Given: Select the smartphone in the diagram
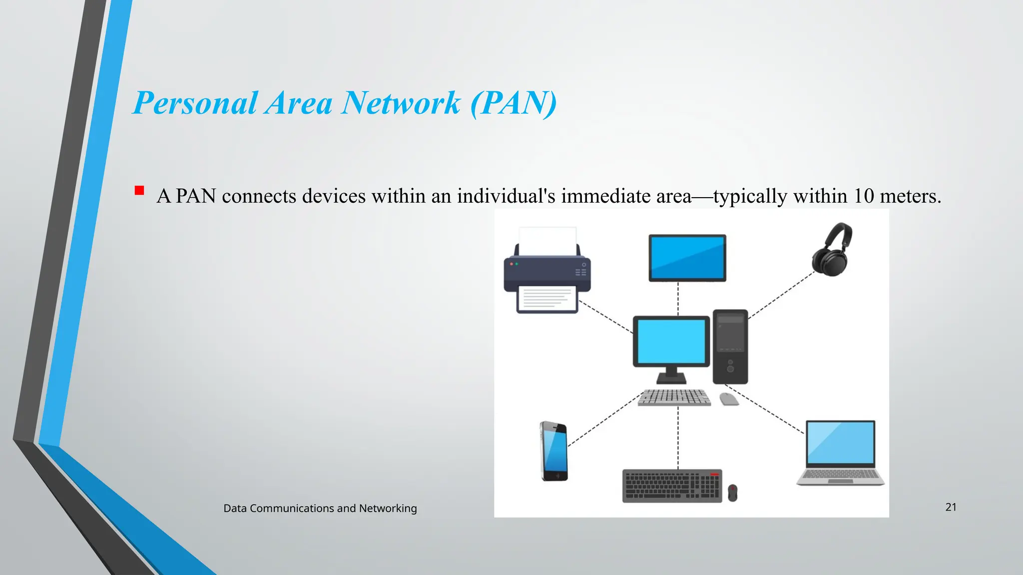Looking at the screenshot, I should point(554,451).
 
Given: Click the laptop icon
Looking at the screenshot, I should point(841,452).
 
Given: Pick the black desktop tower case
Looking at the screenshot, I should point(730,346).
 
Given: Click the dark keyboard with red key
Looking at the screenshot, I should point(672,486).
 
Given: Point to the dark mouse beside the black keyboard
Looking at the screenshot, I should point(732,493).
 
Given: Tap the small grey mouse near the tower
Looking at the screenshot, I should point(729,399).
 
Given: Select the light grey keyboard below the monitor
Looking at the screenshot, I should point(674,397).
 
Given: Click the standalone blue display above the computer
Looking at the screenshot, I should point(687,258).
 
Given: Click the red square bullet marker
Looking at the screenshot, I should point(139,191).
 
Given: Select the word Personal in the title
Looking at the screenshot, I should point(196,103).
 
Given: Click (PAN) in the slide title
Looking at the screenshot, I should point(513,103).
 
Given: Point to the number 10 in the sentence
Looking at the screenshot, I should point(863,196).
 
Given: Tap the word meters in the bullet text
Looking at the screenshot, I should point(910,196).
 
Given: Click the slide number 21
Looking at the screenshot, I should point(951,507).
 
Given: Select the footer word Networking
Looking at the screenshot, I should point(388,509).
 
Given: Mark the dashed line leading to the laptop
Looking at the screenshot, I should point(764,409).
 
